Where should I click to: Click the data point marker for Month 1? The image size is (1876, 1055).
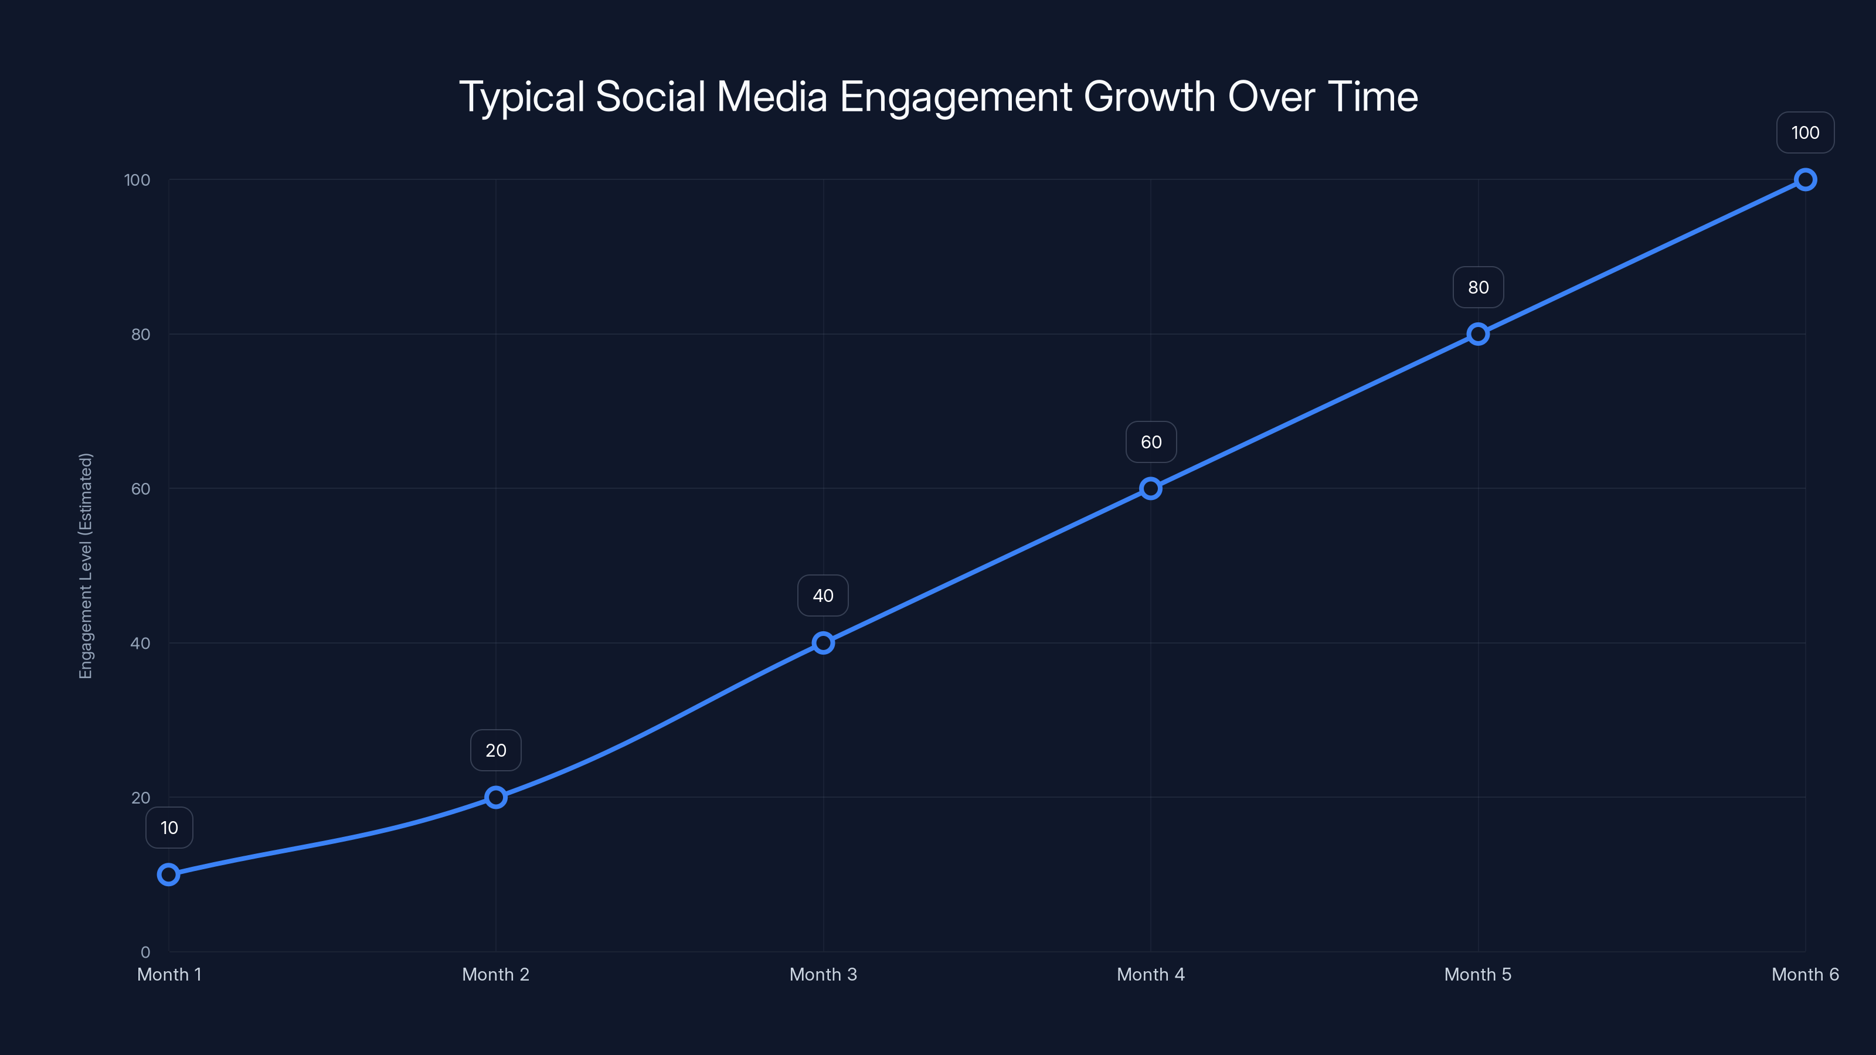pyautogui.click(x=168, y=874)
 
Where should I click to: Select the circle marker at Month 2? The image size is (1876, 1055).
pyautogui.click(x=496, y=797)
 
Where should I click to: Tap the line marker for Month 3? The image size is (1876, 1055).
pyautogui.click(x=823, y=643)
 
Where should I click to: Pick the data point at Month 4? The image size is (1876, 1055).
pyautogui.click(x=1151, y=489)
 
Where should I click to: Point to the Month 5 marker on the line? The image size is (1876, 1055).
pyautogui.click(x=1477, y=334)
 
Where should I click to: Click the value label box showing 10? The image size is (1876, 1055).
pyautogui.click(x=169, y=828)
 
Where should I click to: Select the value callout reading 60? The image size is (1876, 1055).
pyautogui.click(x=1151, y=442)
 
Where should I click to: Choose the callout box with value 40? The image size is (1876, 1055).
pyautogui.click(x=823, y=595)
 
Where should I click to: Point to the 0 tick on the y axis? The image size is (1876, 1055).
pyautogui.click(x=145, y=952)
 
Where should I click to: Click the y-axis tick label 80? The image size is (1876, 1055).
pyautogui.click(x=141, y=334)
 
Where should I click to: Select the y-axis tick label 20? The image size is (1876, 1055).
pyautogui.click(x=141, y=798)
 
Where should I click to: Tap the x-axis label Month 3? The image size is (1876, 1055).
pyautogui.click(x=823, y=974)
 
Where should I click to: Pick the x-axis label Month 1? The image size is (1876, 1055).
pyautogui.click(x=169, y=974)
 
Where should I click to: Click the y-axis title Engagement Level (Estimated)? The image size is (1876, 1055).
pyautogui.click(x=86, y=566)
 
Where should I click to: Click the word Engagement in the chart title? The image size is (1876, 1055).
pyautogui.click(x=956, y=97)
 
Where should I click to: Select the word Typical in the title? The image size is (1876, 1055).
pyautogui.click(x=521, y=97)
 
